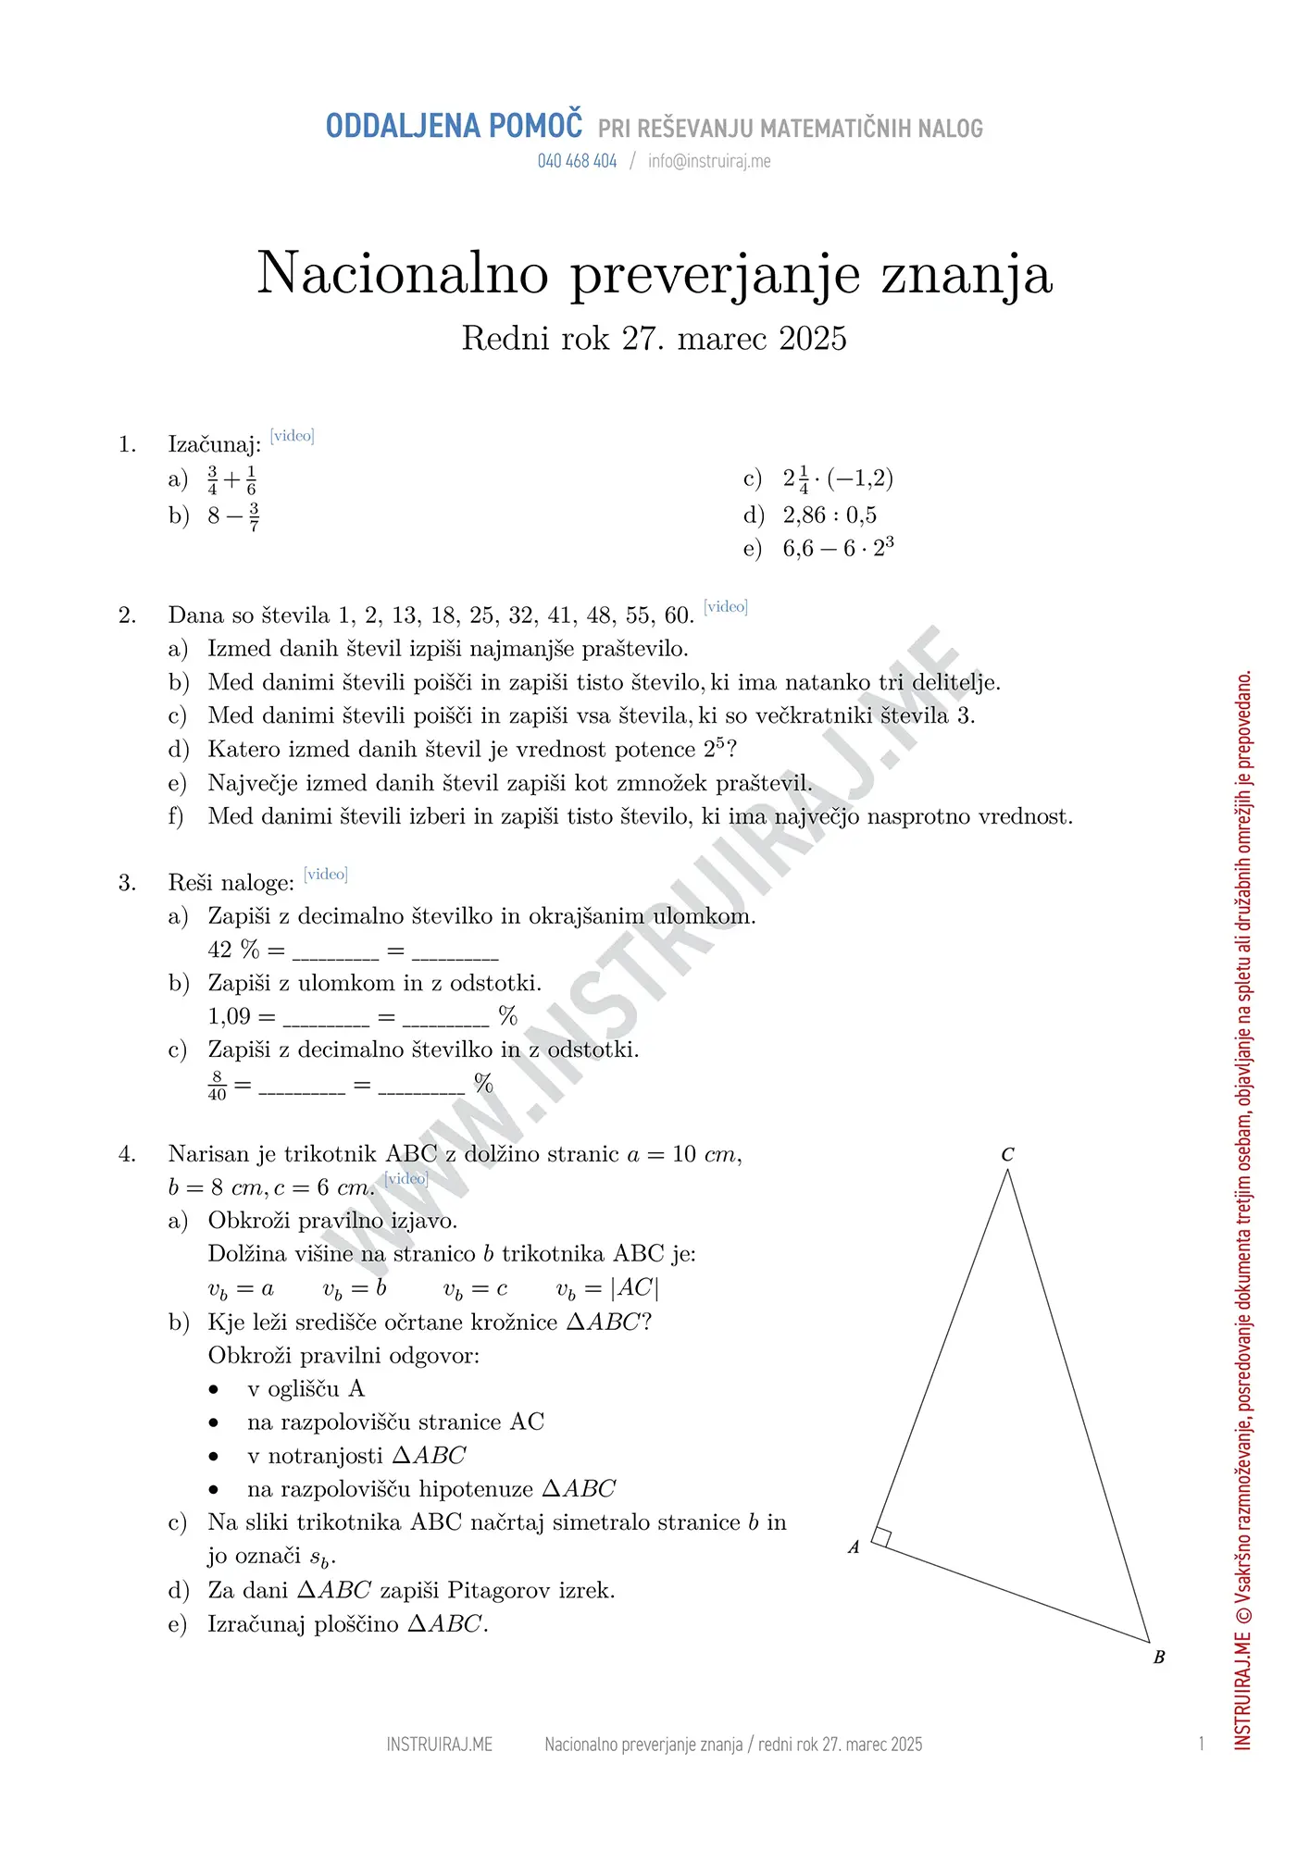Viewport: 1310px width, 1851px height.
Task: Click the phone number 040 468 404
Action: tap(577, 161)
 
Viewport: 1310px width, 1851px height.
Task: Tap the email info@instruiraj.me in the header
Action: tap(709, 161)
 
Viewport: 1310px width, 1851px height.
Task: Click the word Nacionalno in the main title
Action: tap(403, 273)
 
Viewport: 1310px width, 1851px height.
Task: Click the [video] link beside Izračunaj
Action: tap(293, 436)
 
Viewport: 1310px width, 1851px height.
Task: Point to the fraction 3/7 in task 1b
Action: tap(254, 516)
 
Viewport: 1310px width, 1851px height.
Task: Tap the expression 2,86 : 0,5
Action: tap(830, 516)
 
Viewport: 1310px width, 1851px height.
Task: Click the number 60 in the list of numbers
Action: tap(678, 615)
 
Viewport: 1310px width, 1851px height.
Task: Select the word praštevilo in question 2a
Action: tap(634, 649)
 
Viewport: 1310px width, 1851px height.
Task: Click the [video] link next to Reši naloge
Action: tap(326, 875)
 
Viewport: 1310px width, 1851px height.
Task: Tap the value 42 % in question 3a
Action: tap(233, 950)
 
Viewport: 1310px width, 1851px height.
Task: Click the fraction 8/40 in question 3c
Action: tap(218, 1086)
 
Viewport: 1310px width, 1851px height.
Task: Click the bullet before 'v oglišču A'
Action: tap(214, 1390)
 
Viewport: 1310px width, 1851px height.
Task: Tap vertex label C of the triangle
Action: tap(1007, 1154)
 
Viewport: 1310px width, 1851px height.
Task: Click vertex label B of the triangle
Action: tap(1158, 1658)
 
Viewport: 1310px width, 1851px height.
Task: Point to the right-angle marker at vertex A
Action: tap(881, 1537)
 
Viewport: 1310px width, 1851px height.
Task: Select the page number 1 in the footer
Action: tap(1201, 1745)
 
